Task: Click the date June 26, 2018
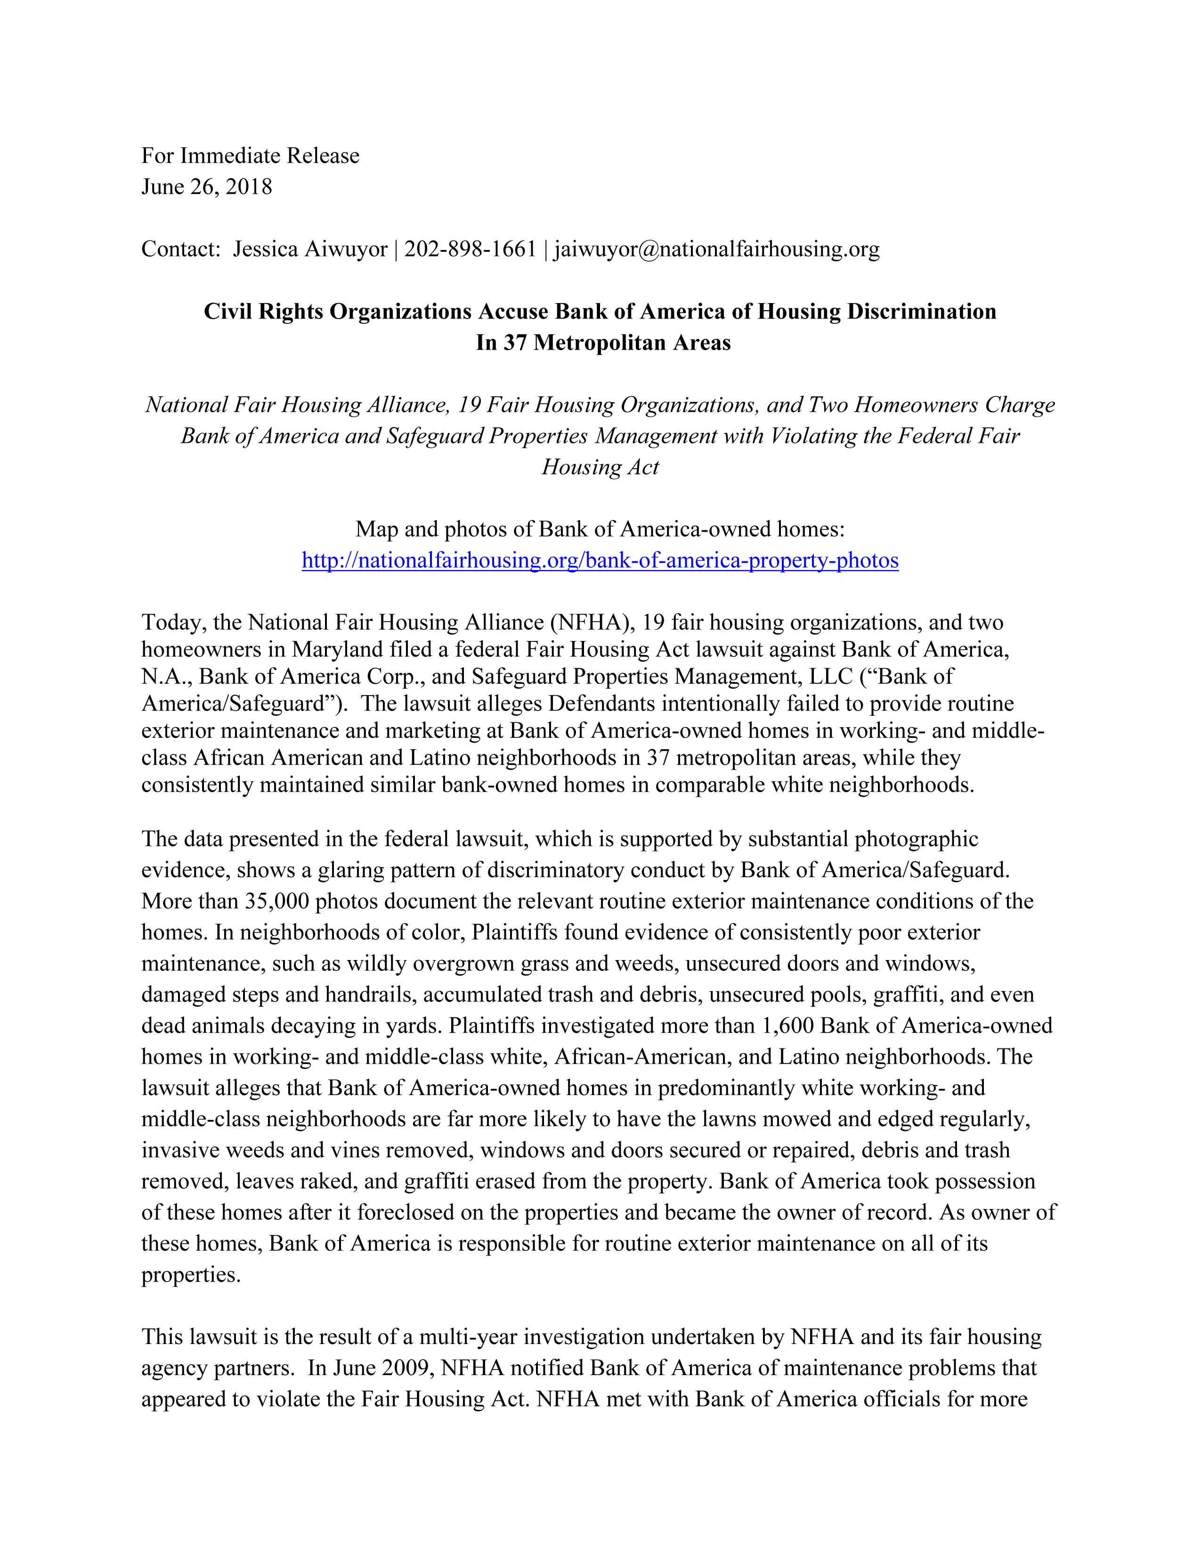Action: click(206, 187)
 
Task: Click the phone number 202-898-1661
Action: click(470, 249)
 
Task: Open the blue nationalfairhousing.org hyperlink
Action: click(600, 561)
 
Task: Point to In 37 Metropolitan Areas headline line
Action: click(603, 344)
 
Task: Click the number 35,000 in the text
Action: click(277, 902)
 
